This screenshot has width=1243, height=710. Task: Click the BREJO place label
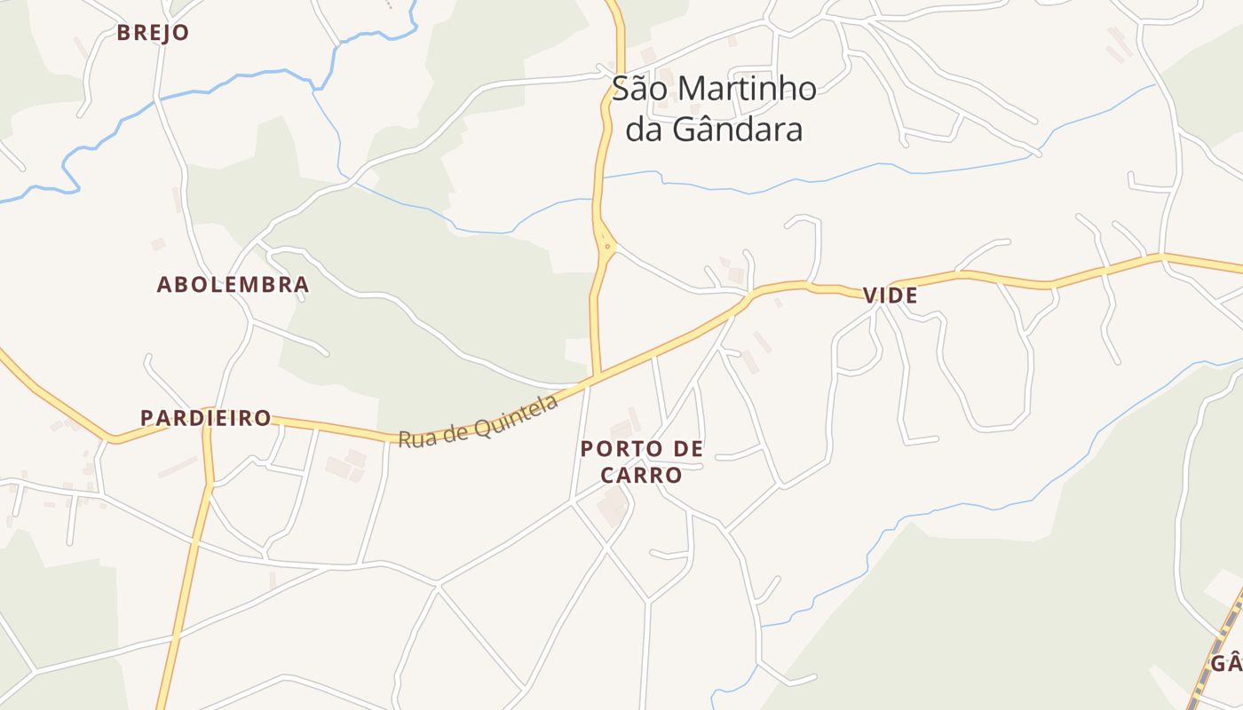pyautogui.click(x=153, y=33)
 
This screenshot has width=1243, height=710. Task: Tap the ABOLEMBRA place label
pyautogui.click(x=233, y=285)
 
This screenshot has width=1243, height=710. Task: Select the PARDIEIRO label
pyautogui.click(x=206, y=418)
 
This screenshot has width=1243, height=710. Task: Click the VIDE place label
pyautogui.click(x=890, y=296)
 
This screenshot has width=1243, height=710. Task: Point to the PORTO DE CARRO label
pyautogui.click(x=641, y=461)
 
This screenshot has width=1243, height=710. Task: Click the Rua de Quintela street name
pyautogui.click(x=478, y=421)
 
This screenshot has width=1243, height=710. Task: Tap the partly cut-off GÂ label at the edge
pyautogui.click(x=1226, y=664)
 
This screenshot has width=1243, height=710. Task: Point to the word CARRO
pyautogui.click(x=641, y=476)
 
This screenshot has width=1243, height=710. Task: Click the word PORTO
pyautogui.click(x=616, y=449)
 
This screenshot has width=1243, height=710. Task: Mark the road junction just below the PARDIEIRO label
pyautogui.click(x=210, y=484)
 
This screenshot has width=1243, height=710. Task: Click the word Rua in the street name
pyautogui.click(x=414, y=438)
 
